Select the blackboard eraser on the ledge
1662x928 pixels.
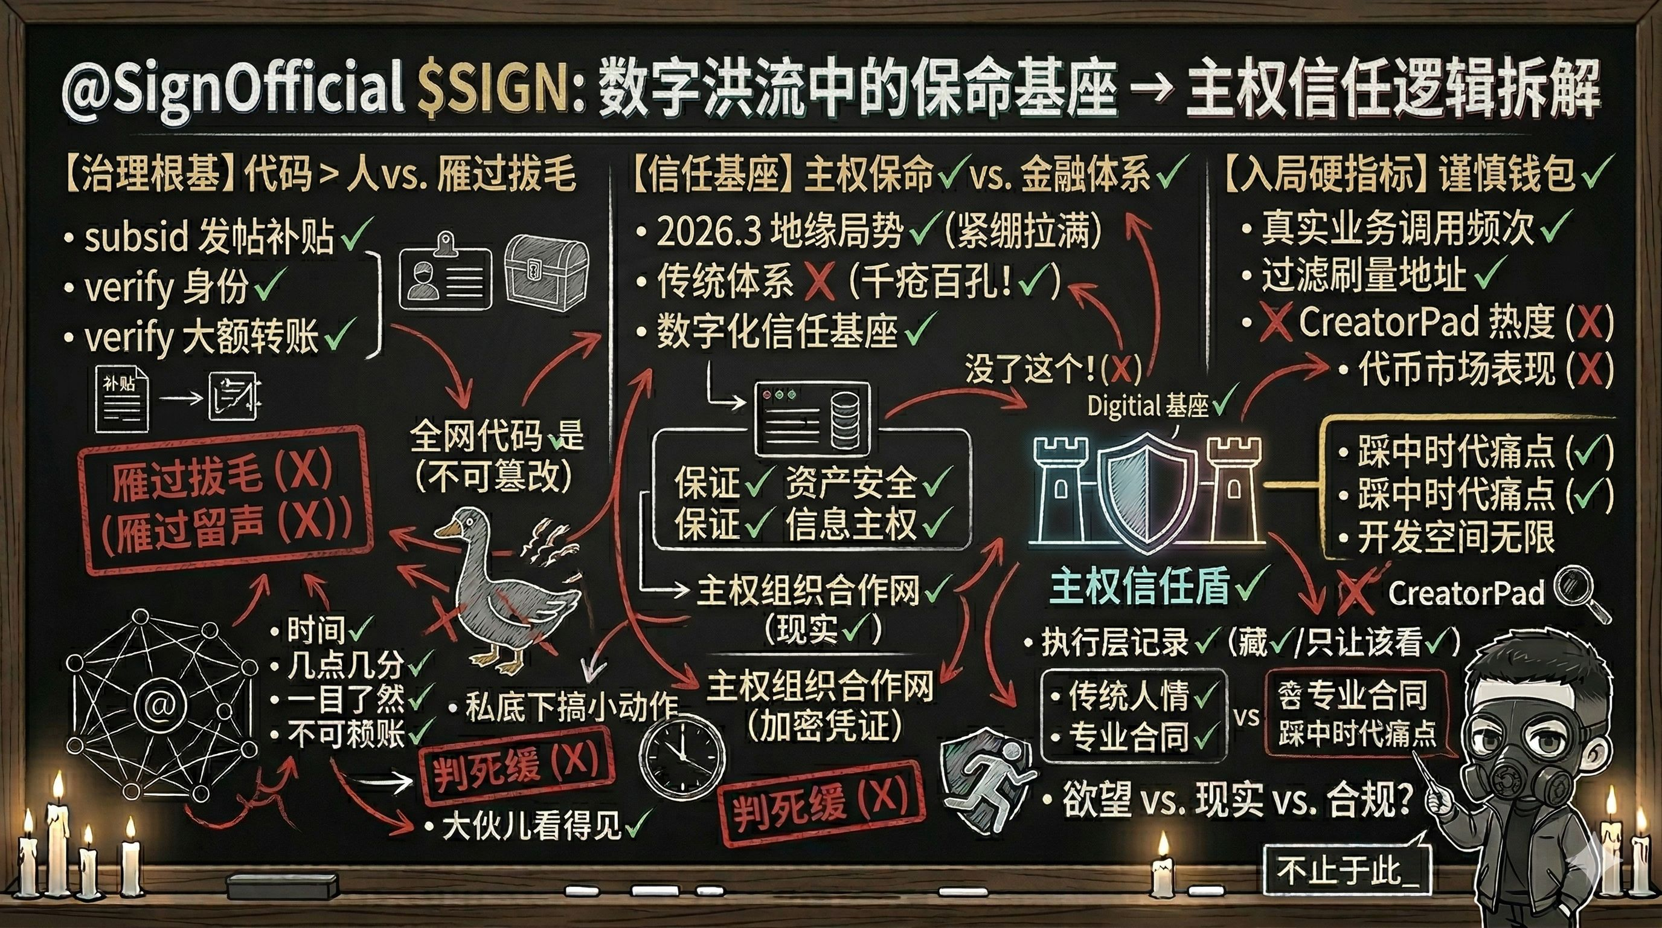(x=283, y=888)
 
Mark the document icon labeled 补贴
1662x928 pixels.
(x=121, y=398)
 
